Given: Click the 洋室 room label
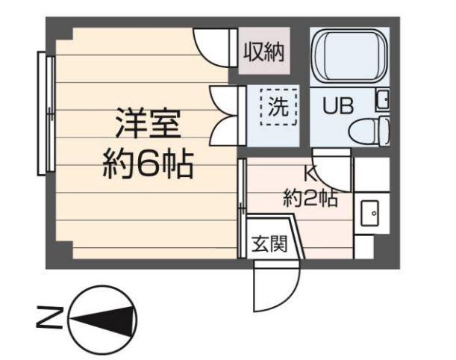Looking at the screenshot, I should click(147, 123).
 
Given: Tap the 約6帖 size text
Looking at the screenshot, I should click(147, 164).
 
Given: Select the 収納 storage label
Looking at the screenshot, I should click(263, 53).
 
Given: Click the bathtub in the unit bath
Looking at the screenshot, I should click(349, 57).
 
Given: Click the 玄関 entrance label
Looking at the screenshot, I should click(267, 244).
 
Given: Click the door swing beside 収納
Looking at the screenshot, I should click(212, 48).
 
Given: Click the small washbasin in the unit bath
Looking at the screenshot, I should click(382, 99).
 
